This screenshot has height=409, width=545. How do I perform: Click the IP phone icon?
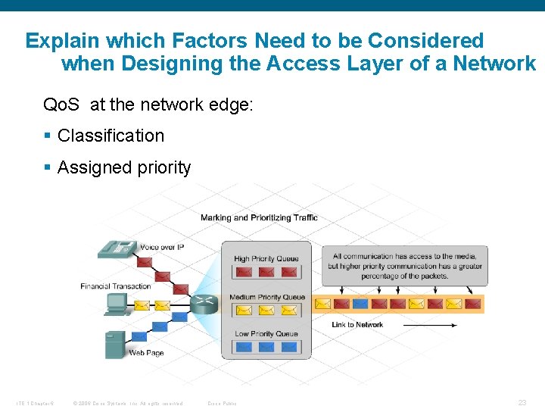[116, 249]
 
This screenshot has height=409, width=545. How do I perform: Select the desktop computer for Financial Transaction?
[117, 304]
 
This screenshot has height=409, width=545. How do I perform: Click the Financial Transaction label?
[116, 286]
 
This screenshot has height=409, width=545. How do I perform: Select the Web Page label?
[146, 353]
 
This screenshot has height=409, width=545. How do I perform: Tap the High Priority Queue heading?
[266, 258]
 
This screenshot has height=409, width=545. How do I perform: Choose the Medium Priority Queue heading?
[266, 297]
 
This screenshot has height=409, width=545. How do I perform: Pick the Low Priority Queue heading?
[266, 334]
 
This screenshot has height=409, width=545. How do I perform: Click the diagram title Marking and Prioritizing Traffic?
[259, 218]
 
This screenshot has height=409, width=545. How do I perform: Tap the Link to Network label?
[357, 325]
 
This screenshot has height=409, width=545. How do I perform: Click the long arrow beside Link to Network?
[429, 325]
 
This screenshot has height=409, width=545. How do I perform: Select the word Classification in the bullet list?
[111, 136]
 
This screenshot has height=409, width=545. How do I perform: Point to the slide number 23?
[522, 403]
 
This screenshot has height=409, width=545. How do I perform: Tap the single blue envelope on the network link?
[360, 304]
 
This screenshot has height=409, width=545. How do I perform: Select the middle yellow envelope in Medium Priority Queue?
[266, 310]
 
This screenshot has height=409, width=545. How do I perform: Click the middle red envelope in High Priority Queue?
[266, 272]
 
